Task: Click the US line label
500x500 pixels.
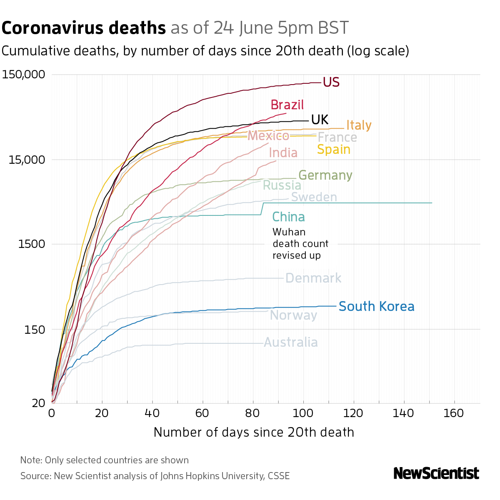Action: point(331,82)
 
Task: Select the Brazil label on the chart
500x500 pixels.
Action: point(287,105)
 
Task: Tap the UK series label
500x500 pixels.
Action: point(320,120)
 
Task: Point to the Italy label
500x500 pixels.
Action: point(359,125)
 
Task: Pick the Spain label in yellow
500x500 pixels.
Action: point(333,149)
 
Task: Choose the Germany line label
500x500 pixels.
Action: point(325,175)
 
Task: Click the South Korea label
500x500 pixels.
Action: point(376,307)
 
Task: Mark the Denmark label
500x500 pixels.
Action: point(313,278)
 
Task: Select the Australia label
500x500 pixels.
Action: point(291,342)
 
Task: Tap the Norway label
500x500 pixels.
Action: point(293,315)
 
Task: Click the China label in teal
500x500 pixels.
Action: point(288,217)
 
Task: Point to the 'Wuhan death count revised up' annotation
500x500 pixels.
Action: point(300,244)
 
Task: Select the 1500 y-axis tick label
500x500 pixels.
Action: point(32,244)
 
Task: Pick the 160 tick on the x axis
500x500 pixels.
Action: point(454,413)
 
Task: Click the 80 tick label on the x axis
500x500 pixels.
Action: point(253,413)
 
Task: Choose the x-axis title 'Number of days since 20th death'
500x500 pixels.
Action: point(254,432)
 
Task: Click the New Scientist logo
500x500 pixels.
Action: point(436,473)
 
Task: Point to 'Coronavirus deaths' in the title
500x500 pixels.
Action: point(84,28)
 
